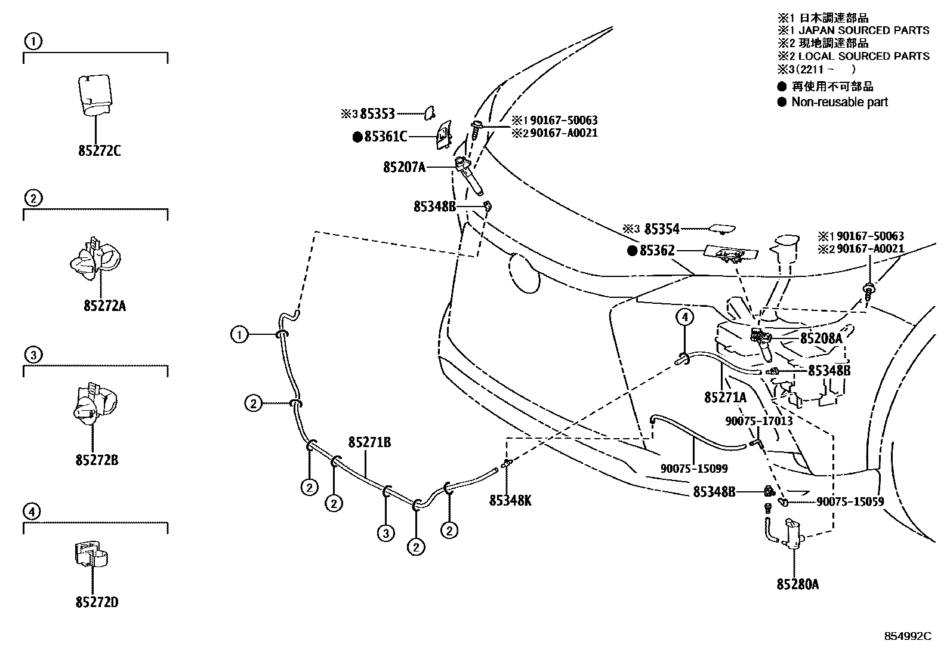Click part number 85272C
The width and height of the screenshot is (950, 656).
pos(99,150)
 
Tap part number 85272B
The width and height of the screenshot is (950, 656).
pos(97,460)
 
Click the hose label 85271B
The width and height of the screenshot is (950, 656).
pos(369,442)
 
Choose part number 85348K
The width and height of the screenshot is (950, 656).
pos(510,501)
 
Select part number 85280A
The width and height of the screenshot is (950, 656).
pos(797,584)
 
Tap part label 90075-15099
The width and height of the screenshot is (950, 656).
pos(694,469)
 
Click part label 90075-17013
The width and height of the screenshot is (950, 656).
pos(758,420)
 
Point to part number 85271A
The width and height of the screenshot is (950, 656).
pos(725,397)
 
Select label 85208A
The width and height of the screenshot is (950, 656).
pos(821,338)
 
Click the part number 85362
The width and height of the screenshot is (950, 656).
pos(657,251)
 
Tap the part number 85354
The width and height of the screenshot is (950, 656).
pos(662,229)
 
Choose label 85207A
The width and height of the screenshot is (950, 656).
pos(404,167)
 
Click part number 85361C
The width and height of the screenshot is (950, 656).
pos(385,137)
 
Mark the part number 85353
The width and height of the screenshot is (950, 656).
pos(375,112)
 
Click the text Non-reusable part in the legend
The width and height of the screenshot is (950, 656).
pos(840,102)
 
